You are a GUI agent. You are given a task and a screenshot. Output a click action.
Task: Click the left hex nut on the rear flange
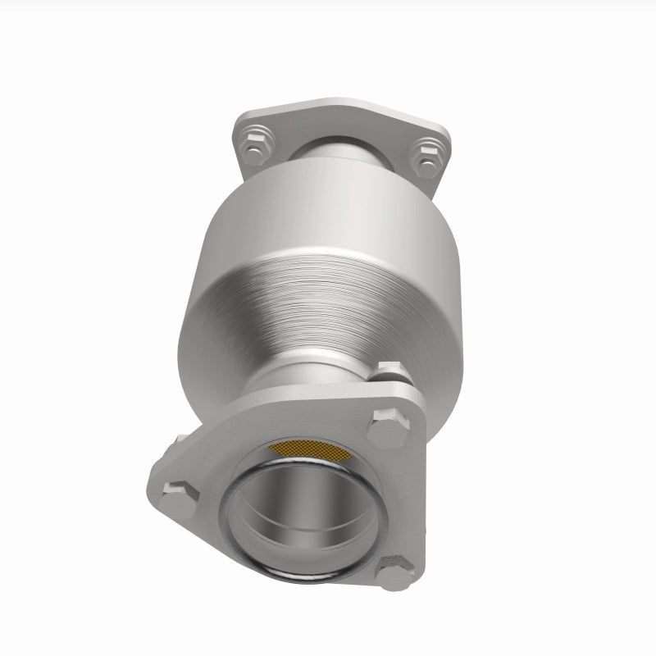255,145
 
